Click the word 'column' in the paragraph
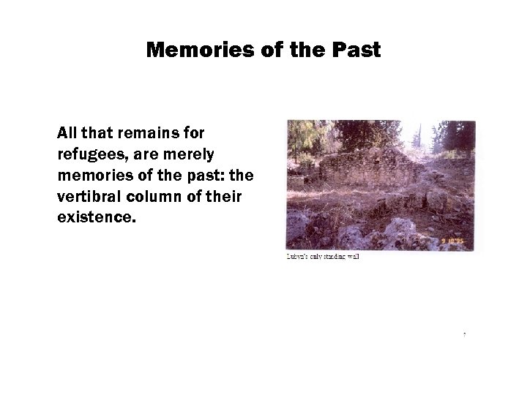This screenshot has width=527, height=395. click(x=157, y=198)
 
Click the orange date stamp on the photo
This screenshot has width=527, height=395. click(x=457, y=241)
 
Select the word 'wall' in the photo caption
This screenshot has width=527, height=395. click(x=353, y=257)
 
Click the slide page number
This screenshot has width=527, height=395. click(x=464, y=335)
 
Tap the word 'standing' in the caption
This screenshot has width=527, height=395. click(x=334, y=257)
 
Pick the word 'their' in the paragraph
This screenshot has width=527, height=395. click(x=225, y=198)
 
